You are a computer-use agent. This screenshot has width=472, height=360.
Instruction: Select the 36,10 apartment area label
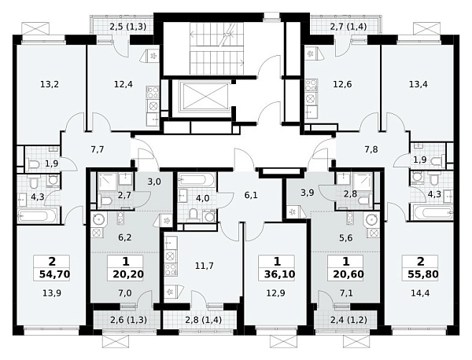279,274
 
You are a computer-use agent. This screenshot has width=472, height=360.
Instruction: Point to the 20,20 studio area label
128,274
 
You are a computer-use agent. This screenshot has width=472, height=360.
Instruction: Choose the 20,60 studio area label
348,274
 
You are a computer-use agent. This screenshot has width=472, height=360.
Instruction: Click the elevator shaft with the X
205,96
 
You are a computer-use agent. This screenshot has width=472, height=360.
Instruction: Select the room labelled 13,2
50,85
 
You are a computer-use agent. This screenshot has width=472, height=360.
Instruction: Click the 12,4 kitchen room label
124,85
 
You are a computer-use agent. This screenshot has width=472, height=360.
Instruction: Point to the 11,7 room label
205,266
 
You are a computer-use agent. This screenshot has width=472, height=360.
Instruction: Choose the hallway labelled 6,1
251,196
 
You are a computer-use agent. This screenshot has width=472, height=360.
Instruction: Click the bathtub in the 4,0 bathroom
196,180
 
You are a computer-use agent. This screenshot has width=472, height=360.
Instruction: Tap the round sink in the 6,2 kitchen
98,219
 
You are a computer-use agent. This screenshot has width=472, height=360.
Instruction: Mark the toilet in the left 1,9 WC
35,164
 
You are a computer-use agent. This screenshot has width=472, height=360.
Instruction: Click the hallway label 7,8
371,149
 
